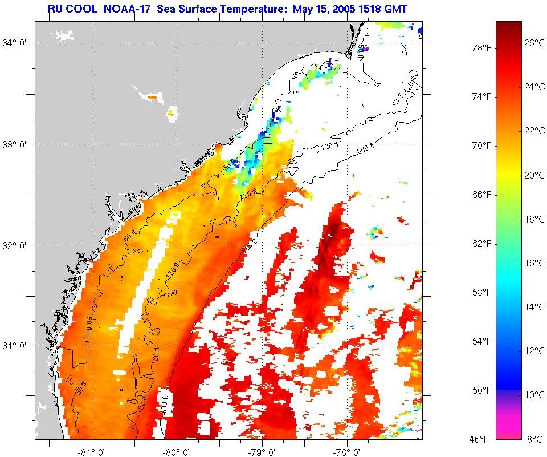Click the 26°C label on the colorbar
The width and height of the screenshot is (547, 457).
tap(534, 43)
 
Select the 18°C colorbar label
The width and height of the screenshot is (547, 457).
tap(534, 219)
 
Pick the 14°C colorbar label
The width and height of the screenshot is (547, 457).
tap(534, 307)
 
